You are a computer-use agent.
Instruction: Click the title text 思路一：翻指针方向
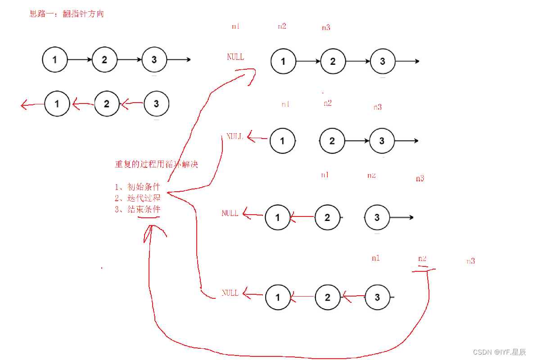point(67,14)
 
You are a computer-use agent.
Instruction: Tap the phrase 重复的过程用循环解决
point(156,165)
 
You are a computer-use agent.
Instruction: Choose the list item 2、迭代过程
point(137,198)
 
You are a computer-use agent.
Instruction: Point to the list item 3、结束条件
point(137,209)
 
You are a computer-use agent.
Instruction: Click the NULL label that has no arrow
point(235,57)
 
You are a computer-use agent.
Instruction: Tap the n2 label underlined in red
point(422,259)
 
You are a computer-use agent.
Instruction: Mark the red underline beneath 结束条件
point(149,217)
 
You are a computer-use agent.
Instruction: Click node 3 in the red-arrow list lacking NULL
point(156,104)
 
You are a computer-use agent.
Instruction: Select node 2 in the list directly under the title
point(104,59)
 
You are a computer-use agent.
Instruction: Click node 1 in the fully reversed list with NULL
point(278,297)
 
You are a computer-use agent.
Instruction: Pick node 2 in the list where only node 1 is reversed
point(332,141)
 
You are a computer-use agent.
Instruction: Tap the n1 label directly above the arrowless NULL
point(235,26)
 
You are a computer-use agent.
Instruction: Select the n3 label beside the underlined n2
point(470,261)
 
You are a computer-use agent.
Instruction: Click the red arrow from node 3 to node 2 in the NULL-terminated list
point(354,296)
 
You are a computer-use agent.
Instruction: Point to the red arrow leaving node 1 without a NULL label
point(32,105)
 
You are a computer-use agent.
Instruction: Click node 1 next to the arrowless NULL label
point(283,61)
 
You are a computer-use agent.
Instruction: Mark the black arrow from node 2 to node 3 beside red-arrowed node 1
point(357,141)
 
